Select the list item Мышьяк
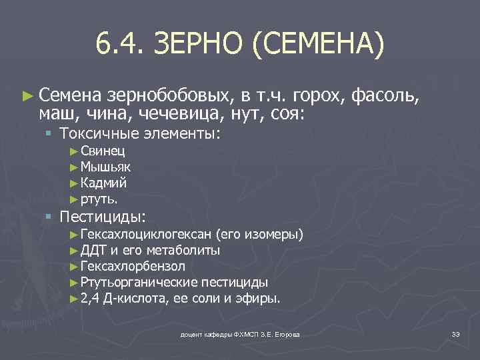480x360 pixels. coord(105,167)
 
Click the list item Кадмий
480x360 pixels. coord(103,183)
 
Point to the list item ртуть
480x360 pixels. coord(99,198)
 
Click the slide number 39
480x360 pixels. coord(455,333)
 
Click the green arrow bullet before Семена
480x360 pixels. coord(26,97)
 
